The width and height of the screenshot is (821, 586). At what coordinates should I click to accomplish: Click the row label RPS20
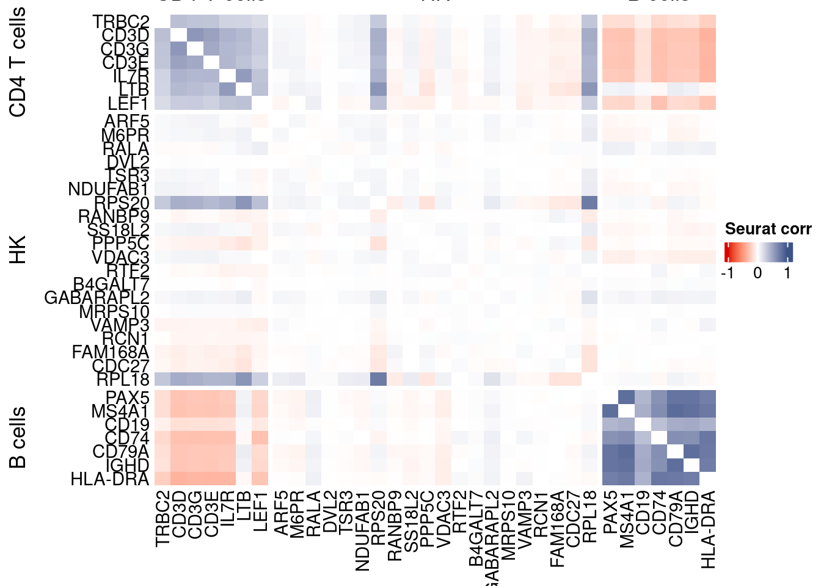pyautogui.click(x=122, y=203)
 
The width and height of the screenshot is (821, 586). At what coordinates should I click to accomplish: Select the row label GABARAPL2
pyautogui.click(x=97, y=298)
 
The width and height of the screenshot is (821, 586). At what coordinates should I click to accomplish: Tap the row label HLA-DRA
pyautogui.click(x=110, y=479)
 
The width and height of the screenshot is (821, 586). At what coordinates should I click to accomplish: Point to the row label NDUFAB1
pyautogui.click(x=108, y=190)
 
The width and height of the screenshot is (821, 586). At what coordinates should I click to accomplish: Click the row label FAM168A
pyautogui.click(x=111, y=352)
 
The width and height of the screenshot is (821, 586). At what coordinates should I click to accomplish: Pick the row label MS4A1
pyautogui.click(x=120, y=411)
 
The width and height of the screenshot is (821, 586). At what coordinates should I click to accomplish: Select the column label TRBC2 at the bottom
pyautogui.click(x=162, y=519)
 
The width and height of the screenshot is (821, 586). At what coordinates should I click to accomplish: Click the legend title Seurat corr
pyautogui.click(x=768, y=229)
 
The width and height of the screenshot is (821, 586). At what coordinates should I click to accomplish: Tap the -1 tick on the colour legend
pyautogui.click(x=728, y=273)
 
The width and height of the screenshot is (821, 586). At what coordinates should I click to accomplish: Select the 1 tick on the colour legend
pyautogui.click(x=787, y=273)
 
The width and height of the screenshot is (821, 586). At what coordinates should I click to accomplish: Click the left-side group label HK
pyautogui.click(x=18, y=250)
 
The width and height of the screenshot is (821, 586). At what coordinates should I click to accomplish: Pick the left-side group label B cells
pyautogui.click(x=18, y=437)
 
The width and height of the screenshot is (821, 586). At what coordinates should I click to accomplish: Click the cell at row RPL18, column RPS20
pyautogui.click(x=379, y=379)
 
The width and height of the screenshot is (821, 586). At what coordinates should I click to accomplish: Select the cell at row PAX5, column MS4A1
pyautogui.click(x=627, y=397)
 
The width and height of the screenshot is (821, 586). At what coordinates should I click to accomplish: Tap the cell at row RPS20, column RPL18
pyautogui.click(x=589, y=203)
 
